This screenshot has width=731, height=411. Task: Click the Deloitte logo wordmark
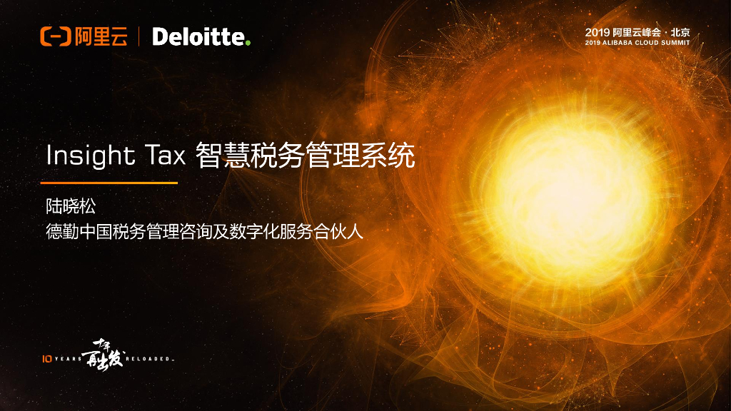pos(198,36)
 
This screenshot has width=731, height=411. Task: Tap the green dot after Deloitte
pos(248,44)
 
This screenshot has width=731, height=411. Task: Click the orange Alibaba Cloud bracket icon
pos(55,36)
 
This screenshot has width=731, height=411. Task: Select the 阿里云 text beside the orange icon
pos(101,36)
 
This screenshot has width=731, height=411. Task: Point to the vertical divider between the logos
pos(138,36)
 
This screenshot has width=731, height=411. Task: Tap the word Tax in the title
pos(165,156)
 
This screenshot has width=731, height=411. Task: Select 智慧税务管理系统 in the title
pos(304,156)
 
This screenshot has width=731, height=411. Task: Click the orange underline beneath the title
pos(111,183)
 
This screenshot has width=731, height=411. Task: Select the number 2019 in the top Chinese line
pos(597,32)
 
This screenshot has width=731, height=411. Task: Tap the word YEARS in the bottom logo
pos(68,358)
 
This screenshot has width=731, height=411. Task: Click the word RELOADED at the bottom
pos(150,358)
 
